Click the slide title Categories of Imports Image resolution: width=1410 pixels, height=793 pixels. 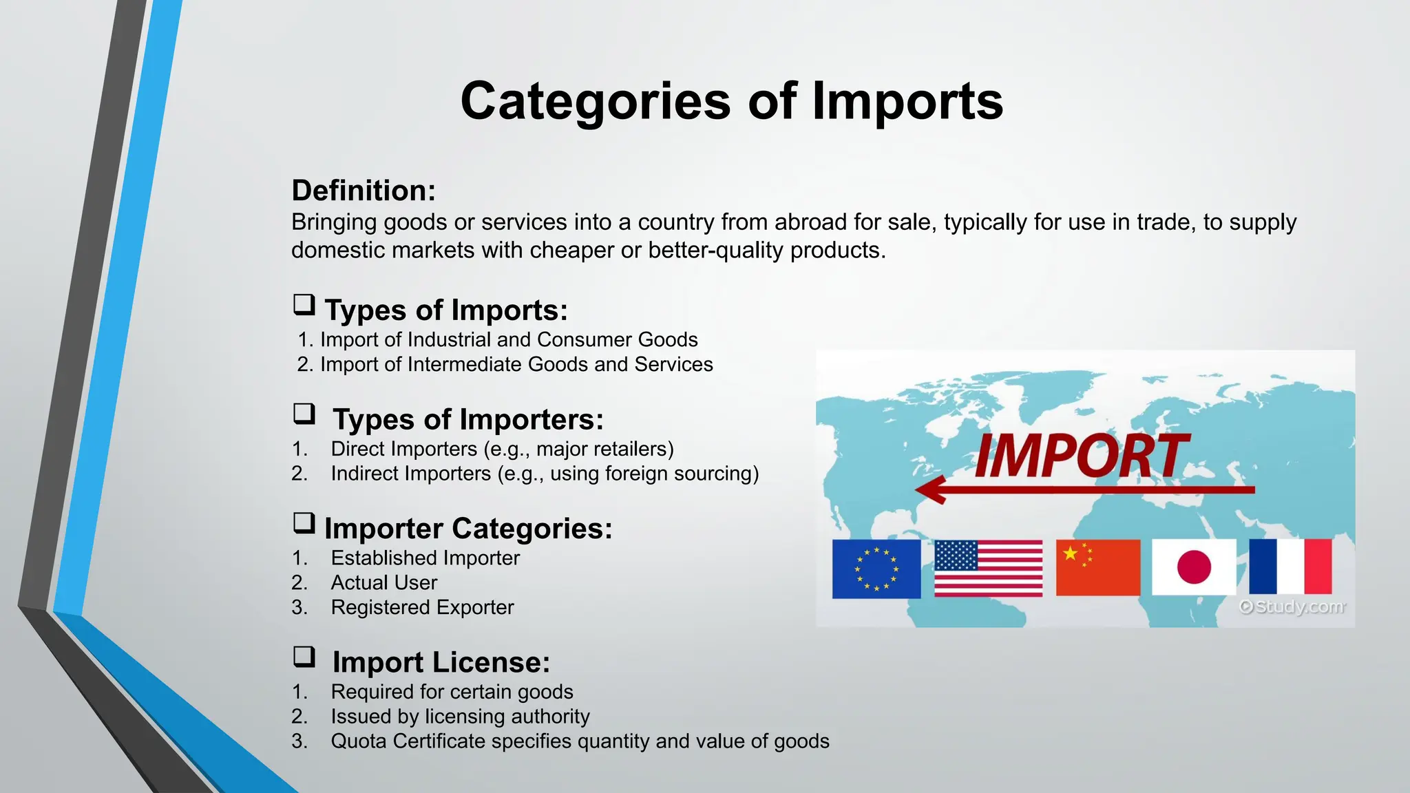tap(731, 101)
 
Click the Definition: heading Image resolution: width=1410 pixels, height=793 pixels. tap(364, 191)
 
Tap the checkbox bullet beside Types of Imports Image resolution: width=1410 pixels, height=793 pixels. tap(304, 305)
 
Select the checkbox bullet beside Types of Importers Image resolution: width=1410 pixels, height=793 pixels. tap(304, 414)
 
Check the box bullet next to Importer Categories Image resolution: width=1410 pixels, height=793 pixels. tap(304, 523)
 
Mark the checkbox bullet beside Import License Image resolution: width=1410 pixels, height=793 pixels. tap(304, 657)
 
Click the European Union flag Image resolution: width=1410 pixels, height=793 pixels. tap(876, 569)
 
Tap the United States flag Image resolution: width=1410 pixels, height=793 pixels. tap(988, 569)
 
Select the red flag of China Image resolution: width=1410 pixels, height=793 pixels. tap(1097, 568)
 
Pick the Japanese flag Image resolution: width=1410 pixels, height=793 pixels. tap(1194, 568)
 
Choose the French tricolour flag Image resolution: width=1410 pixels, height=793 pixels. tap(1290, 567)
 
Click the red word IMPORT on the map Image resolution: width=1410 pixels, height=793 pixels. tap(1081, 456)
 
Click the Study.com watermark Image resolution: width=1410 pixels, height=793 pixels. tap(1292, 607)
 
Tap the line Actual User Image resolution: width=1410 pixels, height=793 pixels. tap(383, 583)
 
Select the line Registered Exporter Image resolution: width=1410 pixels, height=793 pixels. tap(422, 608)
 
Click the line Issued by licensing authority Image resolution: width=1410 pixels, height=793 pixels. tap(460, 717)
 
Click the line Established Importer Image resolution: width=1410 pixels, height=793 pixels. tap(425, 558)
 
